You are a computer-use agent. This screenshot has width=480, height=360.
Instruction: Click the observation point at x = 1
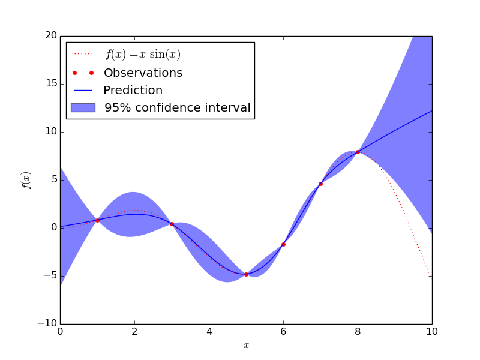(97, 220)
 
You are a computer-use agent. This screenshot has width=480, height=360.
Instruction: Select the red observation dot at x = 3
(172, 224)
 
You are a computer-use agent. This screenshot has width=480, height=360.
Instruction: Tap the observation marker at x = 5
(246, 274)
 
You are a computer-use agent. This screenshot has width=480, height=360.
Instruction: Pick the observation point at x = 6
(283, 244)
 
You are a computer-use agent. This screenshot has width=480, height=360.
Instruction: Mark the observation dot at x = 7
(320, 184)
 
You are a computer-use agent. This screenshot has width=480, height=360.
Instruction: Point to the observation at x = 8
(358, 152)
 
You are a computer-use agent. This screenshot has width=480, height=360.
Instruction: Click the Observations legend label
(143, 73)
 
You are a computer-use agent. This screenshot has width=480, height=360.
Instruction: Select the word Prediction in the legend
(133, 91)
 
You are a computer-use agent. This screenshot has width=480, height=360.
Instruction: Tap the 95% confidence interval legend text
(177, 108)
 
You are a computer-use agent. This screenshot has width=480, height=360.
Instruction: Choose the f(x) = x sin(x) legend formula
(143, 55)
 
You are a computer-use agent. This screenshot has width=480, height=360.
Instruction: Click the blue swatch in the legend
(83, 108)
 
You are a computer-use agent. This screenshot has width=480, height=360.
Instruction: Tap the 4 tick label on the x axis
(209, 331)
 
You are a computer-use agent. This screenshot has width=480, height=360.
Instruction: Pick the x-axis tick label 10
(432, 331)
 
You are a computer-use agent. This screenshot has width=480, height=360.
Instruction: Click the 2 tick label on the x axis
(134, 331)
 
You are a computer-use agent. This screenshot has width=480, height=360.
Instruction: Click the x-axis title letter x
(246, 346)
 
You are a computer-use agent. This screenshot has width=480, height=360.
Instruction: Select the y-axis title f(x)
(26, 180)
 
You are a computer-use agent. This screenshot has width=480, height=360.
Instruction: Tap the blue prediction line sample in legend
(83, 91)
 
